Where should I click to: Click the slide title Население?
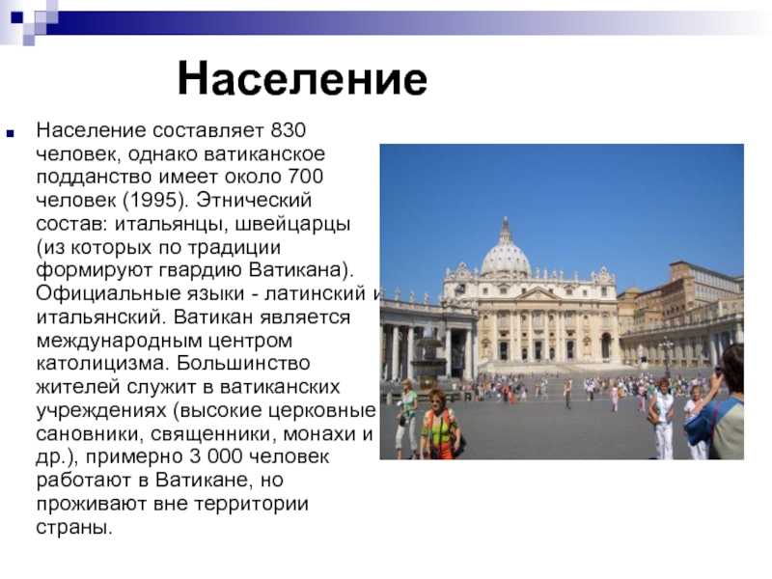302,79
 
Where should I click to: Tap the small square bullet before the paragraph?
11,133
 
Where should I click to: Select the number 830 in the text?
289,130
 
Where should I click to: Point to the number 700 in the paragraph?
305,177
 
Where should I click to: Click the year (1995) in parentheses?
155,200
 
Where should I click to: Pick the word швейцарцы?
292,224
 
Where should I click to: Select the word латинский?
316,293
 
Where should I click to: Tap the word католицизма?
102,364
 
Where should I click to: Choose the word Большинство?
243,364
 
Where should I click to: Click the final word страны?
74,527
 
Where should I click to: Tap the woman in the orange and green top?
439,424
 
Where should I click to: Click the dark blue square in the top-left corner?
17,17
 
